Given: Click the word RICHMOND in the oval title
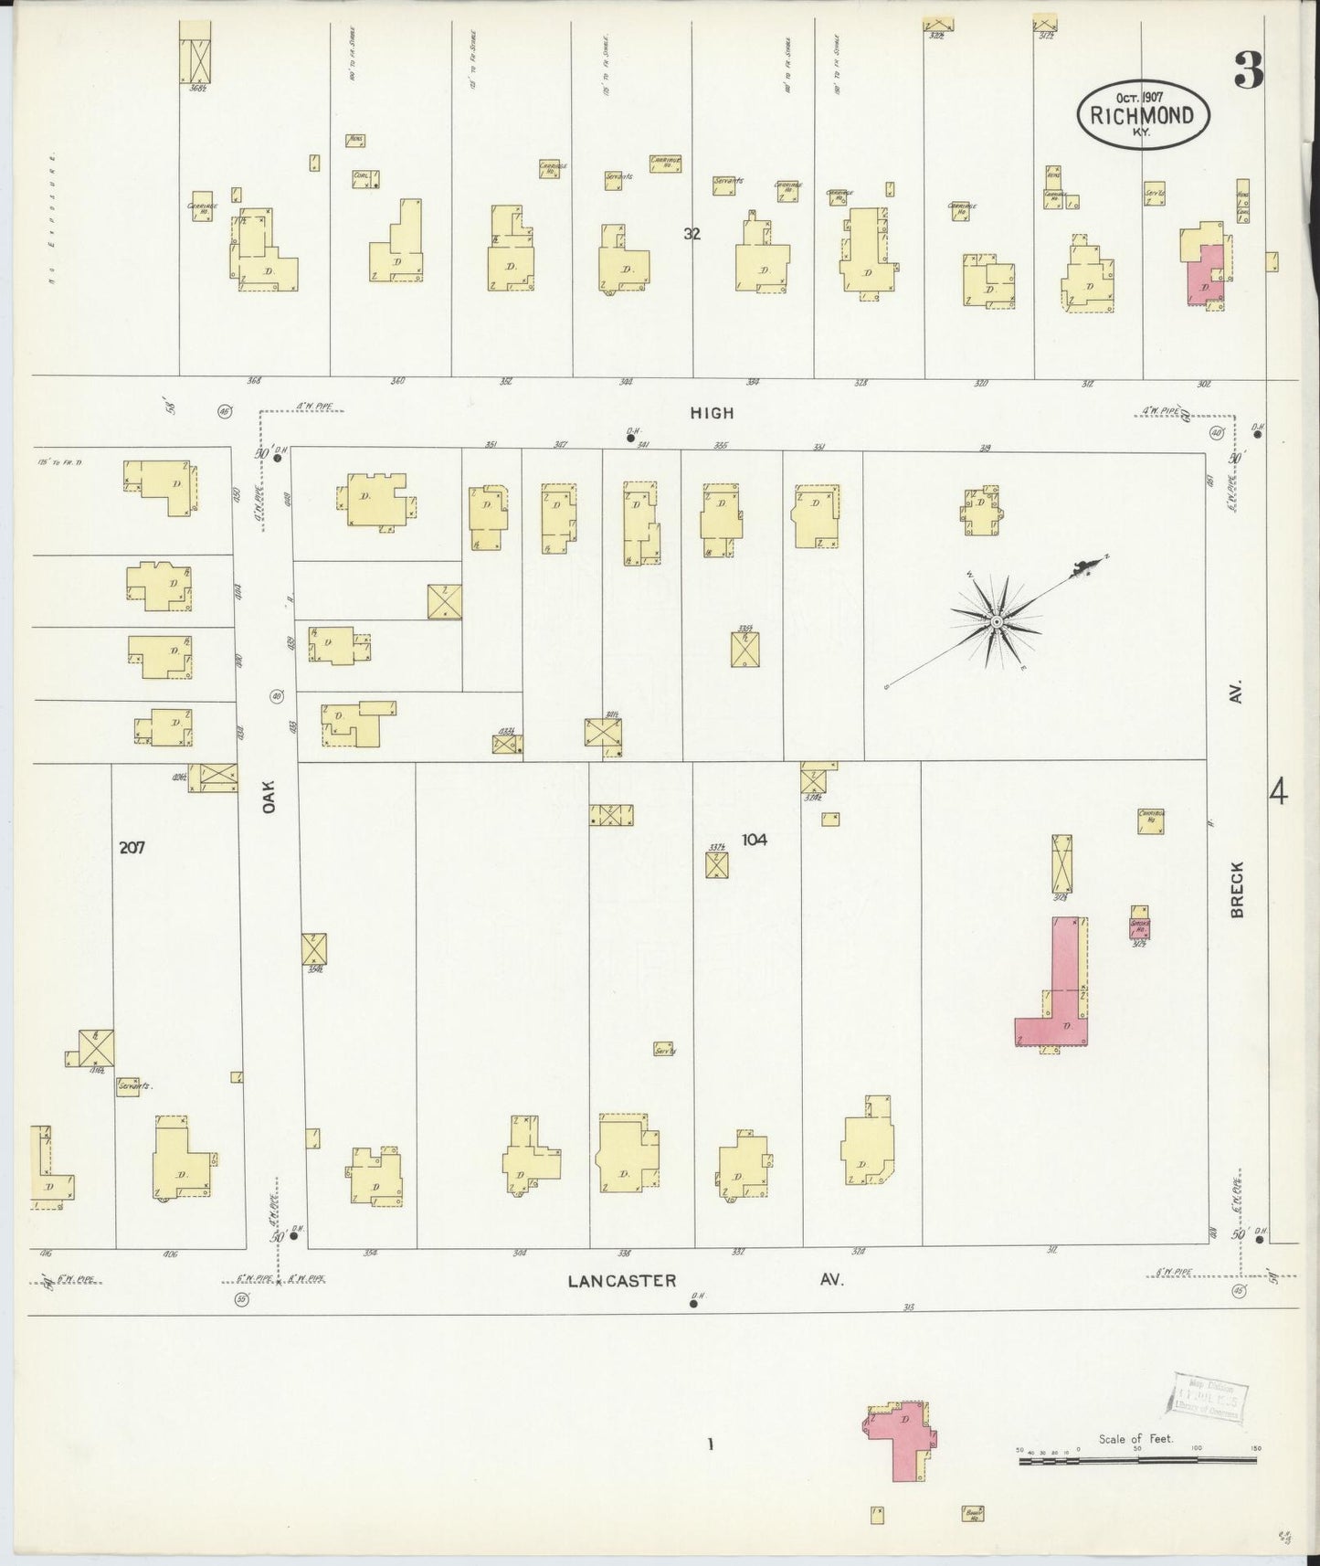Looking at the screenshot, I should pyautogui.click(x=1143, y=116).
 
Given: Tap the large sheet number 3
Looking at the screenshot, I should pyautogui.click(x=1249, y=70).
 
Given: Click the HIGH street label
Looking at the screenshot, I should pyautogui.click(x=712, y=413).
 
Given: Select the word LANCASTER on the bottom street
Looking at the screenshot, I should pyautogui.click(x=622, y=1281).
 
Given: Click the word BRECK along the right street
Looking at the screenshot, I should pyautogui.click(x=1238, y=888).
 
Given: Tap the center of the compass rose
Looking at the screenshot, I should pyautogui.click(x=997, y=622).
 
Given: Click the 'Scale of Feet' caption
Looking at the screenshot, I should pyautogui.click(x=1135, y=1439).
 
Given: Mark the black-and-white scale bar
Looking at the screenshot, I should pyautogui.click(x=1137, y=1461).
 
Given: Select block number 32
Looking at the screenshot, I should pyautogui.click(x=692, y=233).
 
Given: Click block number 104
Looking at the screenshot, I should pyautogui.click(x=754, y=839).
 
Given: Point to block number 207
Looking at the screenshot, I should pyautogui.click(x=132, y=847).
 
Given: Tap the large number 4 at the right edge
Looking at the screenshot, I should pyautogui.click(x=1278, y=791).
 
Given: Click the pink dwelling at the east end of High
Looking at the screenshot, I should pyautogui.click(x=1206, y=274).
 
